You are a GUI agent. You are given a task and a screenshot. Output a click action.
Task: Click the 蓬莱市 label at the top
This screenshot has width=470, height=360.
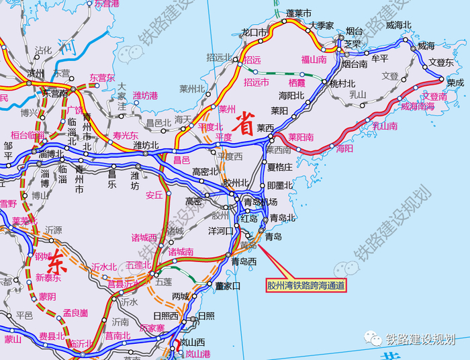[x=299, y=13]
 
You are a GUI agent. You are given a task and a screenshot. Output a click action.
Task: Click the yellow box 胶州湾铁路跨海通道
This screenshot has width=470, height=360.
[x=306, y=285]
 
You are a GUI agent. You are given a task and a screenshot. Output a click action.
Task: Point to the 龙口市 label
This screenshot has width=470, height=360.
[x=254, y=32]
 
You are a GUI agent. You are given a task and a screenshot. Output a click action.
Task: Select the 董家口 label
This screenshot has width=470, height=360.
[x=228, y=285]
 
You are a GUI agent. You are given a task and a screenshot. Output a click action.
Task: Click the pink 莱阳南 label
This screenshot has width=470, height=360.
[x=301, y=137]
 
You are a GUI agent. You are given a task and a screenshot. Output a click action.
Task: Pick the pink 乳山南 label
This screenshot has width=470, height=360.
[x=385, y=125]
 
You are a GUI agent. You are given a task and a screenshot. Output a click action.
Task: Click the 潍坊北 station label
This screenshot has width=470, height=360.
[x=146, y=145]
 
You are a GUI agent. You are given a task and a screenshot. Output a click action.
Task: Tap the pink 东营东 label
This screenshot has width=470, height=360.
[x=103, y=77]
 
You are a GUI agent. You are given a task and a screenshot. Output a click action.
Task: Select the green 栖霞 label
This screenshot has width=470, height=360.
[x=296, y=83]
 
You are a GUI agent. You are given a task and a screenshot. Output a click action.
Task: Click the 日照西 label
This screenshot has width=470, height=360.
[x=166, y=316]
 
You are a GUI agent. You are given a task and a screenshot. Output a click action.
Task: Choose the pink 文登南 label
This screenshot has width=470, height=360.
[x=433, y=97]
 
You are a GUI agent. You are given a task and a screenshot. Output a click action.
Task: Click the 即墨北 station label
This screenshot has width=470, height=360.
[x=280, y=185]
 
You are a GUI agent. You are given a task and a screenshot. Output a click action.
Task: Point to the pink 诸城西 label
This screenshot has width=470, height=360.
[x=144, y=237]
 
